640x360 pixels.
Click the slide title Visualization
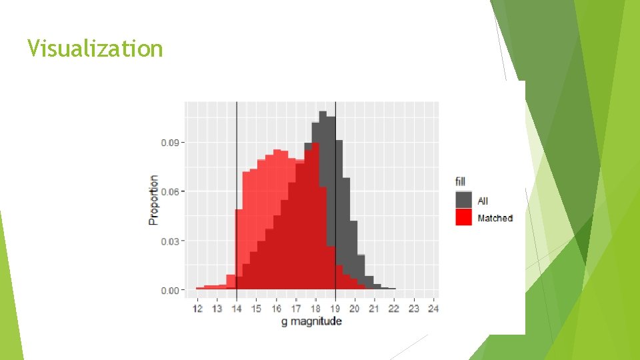click(95, 49)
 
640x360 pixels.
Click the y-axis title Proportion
click(154, 200)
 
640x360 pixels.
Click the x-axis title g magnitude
click(311, 321)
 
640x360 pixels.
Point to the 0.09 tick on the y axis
click(170, 142)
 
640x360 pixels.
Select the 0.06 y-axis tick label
click(170, 191)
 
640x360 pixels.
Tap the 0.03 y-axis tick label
click(170, 241)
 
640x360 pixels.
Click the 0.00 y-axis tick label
click(170, 290)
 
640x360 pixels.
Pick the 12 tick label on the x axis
click(197, 309)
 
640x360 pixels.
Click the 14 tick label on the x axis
click(237, 309)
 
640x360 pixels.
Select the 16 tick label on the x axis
click(276, 309)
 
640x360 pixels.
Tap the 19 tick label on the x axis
click(335, 309)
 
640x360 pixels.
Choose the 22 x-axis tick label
click(394, 309)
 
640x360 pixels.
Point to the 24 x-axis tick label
click(433, 309)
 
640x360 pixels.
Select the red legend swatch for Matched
click(463, 217)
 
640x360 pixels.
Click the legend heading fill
click(460, 181)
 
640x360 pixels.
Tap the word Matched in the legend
click(495, 218)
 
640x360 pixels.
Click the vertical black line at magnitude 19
click(335, 200)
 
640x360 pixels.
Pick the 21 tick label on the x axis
click(375, 309)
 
